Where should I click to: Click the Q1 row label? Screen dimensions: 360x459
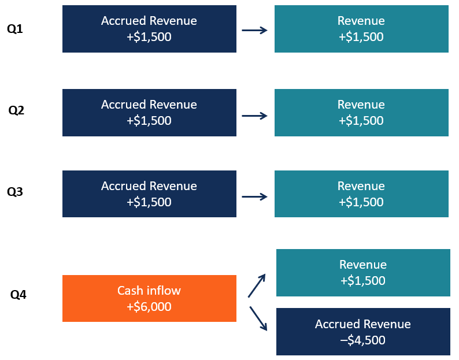(x=15, y=29)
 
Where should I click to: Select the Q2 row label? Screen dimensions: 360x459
(x=16, y=110)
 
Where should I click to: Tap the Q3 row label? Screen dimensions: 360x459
(x=15, y=192)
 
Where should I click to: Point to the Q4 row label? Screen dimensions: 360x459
(x=18, y=295)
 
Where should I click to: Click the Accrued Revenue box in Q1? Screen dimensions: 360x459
(x=149, y=29)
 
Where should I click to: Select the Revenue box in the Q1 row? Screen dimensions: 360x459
(x=361, y=29)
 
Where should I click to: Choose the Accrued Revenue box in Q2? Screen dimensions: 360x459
(x=149, y=113)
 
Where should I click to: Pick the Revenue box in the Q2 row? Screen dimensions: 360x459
(x=361, y=113)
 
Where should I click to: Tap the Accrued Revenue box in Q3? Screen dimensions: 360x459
(x=149, y=194)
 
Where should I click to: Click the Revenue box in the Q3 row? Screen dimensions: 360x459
(x=361, y=194)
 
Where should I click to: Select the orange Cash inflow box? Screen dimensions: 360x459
(x=149, y=298)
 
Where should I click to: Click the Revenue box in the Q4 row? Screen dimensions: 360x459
(x=363, y=273)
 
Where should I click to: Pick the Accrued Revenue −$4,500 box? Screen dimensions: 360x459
(x=363, y=332)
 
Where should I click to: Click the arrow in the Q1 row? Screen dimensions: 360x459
(x=255, y=30)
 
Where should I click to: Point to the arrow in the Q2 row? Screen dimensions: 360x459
(x=255, y=116)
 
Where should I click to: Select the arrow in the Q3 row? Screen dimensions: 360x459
(x=255, y=197)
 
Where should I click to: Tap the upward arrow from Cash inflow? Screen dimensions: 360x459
(x=257, y=285)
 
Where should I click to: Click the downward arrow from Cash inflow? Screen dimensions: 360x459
(x=258, y=318)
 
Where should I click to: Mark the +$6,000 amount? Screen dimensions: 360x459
(x=149, y=307)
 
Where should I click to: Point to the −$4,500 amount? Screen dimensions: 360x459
(x=363, y=340)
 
